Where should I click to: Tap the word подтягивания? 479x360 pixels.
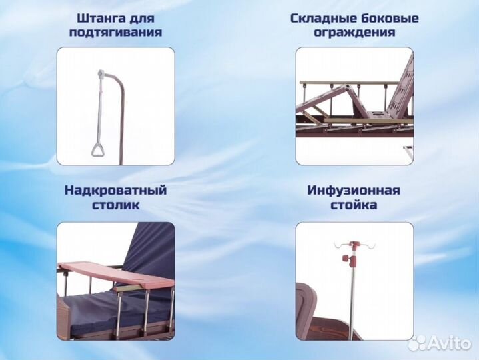(x=116, y=32)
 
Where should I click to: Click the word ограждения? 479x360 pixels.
(x=354, y=32)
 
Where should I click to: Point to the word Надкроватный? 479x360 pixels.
(x=115, y=190)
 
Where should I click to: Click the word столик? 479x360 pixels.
(x=115, y=205)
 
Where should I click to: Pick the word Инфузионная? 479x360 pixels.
(x=354, y=190)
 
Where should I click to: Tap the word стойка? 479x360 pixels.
(x=354, y=205)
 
